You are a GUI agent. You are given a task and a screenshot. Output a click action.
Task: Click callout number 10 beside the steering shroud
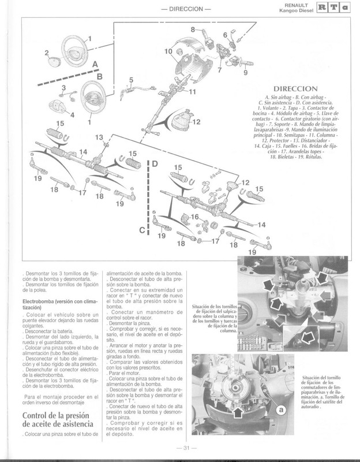168,51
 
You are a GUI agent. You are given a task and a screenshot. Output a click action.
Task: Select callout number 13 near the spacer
99,137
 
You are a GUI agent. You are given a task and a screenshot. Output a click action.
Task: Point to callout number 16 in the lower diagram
195,216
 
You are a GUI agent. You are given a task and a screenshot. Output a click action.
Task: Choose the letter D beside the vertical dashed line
154,165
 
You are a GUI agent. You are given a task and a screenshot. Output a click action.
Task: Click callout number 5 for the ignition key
132,80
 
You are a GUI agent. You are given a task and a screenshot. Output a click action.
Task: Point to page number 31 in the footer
179,449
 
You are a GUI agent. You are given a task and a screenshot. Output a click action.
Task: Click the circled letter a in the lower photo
282,408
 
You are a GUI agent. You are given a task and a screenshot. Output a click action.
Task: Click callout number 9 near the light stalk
245,73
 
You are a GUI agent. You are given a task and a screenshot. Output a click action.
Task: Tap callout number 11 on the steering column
192,92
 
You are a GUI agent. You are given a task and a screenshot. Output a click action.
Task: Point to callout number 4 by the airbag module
72,115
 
